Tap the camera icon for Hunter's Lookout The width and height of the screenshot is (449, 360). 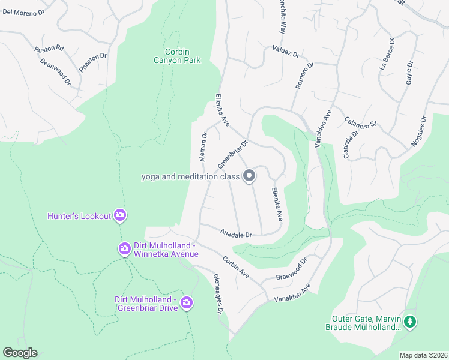coord(120,215)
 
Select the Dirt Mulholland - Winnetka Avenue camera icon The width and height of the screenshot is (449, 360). coord(124,248)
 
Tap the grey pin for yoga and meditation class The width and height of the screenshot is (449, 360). coord(249,176)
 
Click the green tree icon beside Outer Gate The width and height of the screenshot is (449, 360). coord(410,322)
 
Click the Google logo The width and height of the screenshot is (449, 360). coord(20,353)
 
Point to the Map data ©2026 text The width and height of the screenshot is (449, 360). coord(423,355)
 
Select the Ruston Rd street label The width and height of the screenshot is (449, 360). coord(49,48)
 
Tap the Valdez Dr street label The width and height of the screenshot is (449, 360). coord(286,51)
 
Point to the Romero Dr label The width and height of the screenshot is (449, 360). coord(304,76)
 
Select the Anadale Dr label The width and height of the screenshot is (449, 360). coord(236,233)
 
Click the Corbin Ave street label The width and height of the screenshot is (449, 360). coord(235,266)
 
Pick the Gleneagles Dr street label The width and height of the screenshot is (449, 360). coord(218,294)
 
